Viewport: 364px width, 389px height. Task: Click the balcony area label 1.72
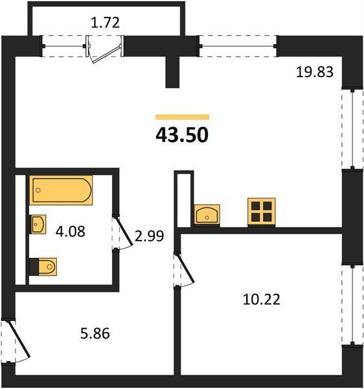105,23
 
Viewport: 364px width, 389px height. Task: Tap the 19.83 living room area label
315,72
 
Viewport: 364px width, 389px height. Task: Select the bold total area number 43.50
182,135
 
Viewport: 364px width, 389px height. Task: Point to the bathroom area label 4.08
71,231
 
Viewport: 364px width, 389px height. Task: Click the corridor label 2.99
149,236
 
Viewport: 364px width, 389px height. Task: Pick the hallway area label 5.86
95,333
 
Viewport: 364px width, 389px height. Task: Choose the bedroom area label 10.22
262,299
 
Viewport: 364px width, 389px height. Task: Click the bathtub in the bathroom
61,190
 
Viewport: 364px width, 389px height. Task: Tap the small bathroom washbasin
38,224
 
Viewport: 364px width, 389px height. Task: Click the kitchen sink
207,215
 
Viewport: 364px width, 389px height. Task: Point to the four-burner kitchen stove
262,211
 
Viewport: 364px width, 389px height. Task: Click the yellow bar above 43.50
183,117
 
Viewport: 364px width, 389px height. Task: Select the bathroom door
123,232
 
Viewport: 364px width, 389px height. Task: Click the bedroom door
185,270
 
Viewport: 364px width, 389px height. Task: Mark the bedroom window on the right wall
352,304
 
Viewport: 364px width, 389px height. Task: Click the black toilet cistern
34,267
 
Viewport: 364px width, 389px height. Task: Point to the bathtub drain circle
38,190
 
